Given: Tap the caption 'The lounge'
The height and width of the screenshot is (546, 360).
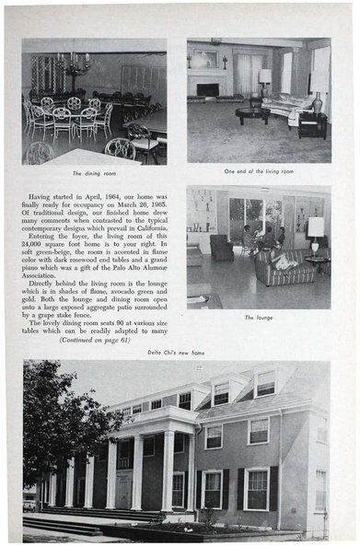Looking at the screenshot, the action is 259,317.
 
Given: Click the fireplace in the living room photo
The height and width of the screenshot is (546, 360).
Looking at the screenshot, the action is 208,90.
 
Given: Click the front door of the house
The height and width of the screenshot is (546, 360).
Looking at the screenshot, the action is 123,489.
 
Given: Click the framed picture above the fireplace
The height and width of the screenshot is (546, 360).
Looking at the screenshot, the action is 208,60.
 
